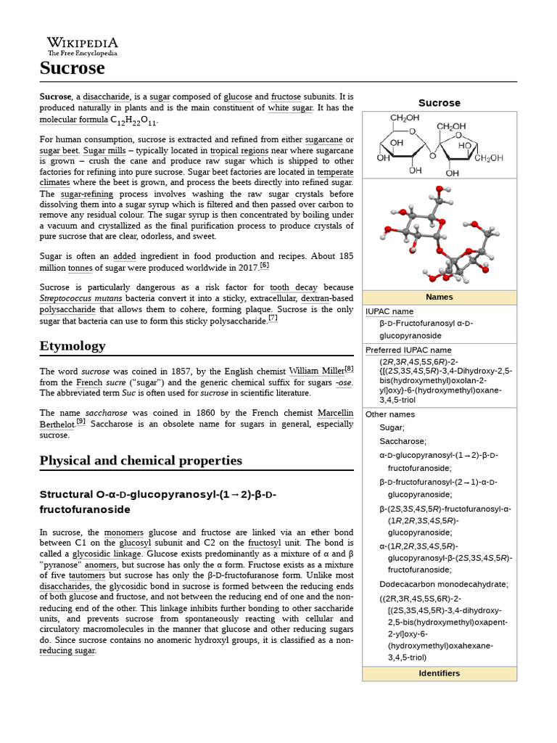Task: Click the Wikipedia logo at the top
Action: click(x=82, y=46)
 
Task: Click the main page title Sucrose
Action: click(x=72, y=68)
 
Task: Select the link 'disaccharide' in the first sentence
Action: click(x=106, y=97)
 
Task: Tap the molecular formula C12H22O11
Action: click(x=133, y=120)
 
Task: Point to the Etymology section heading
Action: click(x=73, y=345)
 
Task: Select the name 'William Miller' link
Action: click(x=316, y=371)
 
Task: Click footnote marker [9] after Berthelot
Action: click(x=81, y=422)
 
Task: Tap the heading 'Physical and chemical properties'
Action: click(x=141, y=461)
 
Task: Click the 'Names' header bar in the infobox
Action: click(x=439, y=297)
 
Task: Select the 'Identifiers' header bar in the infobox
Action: click(x=439, y=673)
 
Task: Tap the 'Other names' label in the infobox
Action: click(x=390, y=414)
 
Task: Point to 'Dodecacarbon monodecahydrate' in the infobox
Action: click(x=444, y=584)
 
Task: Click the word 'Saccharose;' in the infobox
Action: click(x=403, y=441)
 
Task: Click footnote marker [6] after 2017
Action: click(x=264, y=266)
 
